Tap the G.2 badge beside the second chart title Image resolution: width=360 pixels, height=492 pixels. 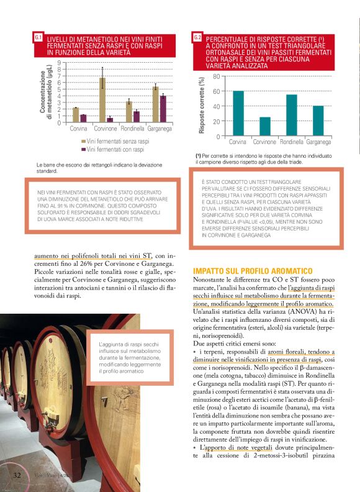coord(197,39)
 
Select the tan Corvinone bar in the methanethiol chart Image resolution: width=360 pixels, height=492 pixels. coord(102,100)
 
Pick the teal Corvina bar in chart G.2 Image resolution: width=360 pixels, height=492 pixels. coord(238,113)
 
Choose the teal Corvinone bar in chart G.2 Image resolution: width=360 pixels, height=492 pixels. coord(265,126)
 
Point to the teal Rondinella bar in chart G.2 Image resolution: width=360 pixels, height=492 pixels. coord(292,115)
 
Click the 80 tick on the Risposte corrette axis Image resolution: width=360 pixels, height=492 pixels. coord(216,76)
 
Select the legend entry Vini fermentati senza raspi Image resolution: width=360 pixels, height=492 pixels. coord(115,142)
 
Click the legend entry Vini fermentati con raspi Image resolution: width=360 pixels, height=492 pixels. coord(113,149)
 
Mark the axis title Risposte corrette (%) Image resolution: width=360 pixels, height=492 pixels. coord(202,106)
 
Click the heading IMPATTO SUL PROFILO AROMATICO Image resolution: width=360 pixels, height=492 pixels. coord(252,271)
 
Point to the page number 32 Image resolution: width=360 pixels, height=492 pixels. coord(18,475)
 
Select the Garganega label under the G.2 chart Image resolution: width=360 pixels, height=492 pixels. coord(318,142)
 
